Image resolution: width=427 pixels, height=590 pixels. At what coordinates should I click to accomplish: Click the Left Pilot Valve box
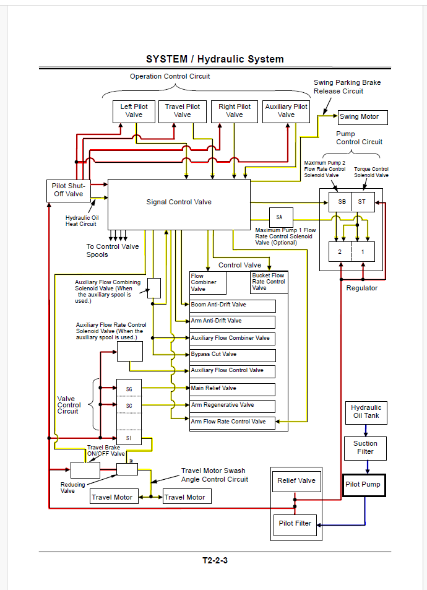click(x=134, y=111)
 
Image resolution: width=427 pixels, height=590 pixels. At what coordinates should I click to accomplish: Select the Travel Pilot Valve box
click(x=183, y=111)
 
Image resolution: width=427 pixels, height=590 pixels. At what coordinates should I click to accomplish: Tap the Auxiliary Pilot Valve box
click(x=287, y=111)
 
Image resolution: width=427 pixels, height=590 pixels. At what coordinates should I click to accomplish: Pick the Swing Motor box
click(x=363, y=117)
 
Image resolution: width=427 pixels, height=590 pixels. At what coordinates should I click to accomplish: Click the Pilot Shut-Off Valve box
click(x=69, y=191)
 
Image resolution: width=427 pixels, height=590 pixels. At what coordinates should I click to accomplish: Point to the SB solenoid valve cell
click(x=340, y=202)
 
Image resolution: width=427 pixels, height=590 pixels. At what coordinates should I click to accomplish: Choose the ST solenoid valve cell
click(x=363, y=202)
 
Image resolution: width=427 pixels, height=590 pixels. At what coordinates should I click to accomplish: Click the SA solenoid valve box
click(x=281, y=217)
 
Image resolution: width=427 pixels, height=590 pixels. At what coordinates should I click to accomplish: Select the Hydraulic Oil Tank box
click(x=366, y=413)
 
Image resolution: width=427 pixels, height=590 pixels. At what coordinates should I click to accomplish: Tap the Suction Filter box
click(x=365, y=448)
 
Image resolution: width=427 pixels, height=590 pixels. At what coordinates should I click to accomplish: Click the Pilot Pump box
click(x=364, y=485)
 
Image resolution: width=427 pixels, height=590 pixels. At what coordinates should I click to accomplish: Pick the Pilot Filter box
click(x=295, y=525)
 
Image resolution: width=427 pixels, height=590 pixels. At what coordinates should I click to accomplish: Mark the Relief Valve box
click(x=296, y=481)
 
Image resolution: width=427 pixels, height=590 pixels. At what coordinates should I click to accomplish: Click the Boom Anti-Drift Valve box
click(x=233, y=306)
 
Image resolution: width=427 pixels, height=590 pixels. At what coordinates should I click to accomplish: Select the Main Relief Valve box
click(x=233, y=389)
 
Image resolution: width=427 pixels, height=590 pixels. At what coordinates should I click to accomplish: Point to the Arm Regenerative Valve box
click(x=233, y=406)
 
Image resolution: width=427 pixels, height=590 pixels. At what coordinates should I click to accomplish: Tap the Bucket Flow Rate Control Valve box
click(x=269, y=282)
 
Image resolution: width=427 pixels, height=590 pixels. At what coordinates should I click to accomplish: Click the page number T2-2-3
click(x=215, y=561)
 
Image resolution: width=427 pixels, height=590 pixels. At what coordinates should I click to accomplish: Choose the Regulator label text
click(x=362, y=288)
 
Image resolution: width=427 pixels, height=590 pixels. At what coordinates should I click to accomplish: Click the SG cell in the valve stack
click(x=129, y=388)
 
